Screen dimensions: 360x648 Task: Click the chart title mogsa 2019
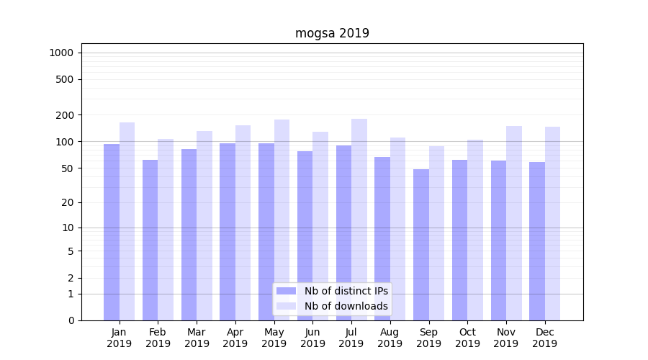(x=332, y=33)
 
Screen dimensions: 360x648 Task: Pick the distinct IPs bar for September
(x=421, y=245)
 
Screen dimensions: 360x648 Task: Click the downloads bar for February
(x=166, y=230)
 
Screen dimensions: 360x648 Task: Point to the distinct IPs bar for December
(x=537, y=241)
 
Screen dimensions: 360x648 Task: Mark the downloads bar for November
(x=514, y=223)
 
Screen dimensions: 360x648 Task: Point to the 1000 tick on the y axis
(x=61, y=53)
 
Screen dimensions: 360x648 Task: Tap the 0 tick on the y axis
(x=71, y=320)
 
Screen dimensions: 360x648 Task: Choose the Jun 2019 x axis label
(x=312, y=338)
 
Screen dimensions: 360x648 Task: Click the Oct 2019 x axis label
(x=467, y=338)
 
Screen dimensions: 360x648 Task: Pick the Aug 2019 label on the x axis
(x=390, y=338)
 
